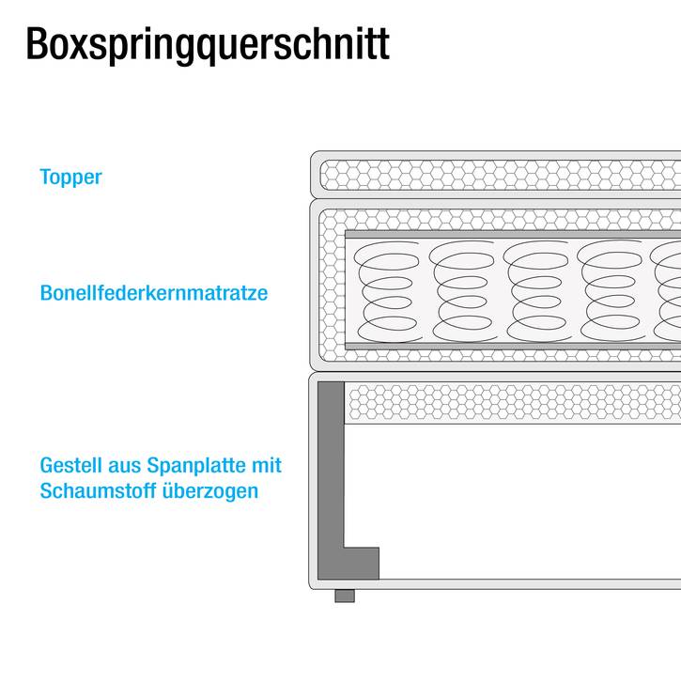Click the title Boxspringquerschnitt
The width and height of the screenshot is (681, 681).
click(208, 44)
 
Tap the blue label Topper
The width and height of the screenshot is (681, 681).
click(70, 178)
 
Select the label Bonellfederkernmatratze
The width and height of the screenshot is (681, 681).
click(154, 293)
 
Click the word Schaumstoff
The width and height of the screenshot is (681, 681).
click(98, 490)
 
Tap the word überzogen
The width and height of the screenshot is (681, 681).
click(210, 491)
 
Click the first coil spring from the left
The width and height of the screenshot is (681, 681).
click(387, 291)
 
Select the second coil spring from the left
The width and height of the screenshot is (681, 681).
click(462, 291)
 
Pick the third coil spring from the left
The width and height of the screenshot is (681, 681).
click(536, 291)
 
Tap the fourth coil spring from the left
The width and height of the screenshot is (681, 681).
click(611, 291)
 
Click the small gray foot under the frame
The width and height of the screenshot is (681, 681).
click(345, 596)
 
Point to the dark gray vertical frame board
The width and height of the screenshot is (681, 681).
click(331, 465)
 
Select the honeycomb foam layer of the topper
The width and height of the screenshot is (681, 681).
click(501, 175)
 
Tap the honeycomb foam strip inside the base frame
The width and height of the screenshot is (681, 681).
click(513, 403)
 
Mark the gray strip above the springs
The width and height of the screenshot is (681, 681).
click(513, 235)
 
